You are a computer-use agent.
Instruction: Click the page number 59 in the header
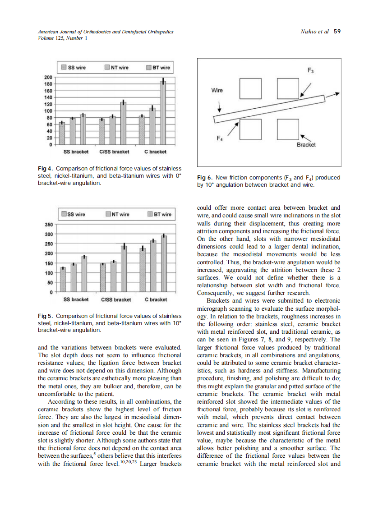(337, 32)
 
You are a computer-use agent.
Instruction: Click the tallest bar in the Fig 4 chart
(163, 113)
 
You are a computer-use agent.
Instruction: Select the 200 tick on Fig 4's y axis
(49, 77)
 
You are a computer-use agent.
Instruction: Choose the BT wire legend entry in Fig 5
(159, 214)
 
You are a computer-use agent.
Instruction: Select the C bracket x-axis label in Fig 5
(156, 299)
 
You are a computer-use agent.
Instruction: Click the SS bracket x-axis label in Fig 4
(76, 152)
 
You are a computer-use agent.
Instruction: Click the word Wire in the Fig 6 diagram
(217, 90)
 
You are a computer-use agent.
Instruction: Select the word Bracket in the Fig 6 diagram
(306, 145)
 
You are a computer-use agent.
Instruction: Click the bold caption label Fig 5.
(46, 316)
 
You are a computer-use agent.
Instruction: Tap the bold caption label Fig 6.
(205, 178)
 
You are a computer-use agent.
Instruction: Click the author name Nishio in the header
(309, 32)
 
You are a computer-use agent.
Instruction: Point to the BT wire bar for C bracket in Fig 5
(164, 264)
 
